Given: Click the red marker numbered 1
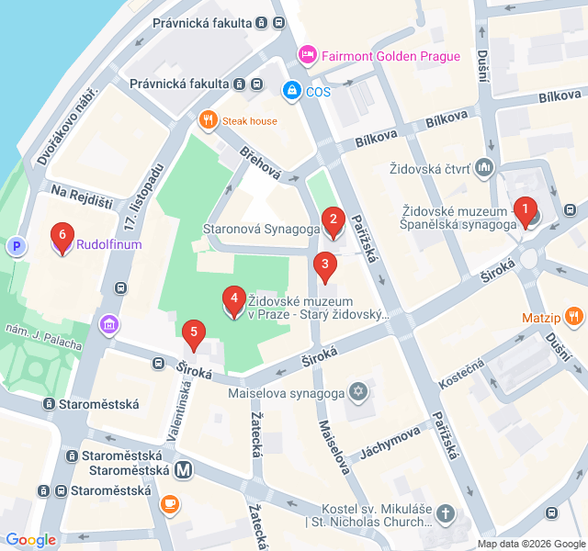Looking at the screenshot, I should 526,212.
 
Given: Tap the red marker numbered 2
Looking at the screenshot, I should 333,219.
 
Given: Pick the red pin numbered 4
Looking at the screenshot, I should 234,299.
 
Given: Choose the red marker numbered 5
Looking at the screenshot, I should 193,333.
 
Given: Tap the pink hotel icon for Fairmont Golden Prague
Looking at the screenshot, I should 308,56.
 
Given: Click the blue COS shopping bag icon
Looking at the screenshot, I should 291,91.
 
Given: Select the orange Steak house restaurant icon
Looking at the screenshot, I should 209,120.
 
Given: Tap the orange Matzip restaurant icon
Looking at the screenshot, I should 574,318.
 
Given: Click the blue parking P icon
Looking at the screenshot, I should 15,246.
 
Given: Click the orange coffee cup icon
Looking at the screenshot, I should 169,503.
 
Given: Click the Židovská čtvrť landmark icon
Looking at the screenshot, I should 484,168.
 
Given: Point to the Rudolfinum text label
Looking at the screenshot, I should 108,245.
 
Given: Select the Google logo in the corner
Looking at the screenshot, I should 30,540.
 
